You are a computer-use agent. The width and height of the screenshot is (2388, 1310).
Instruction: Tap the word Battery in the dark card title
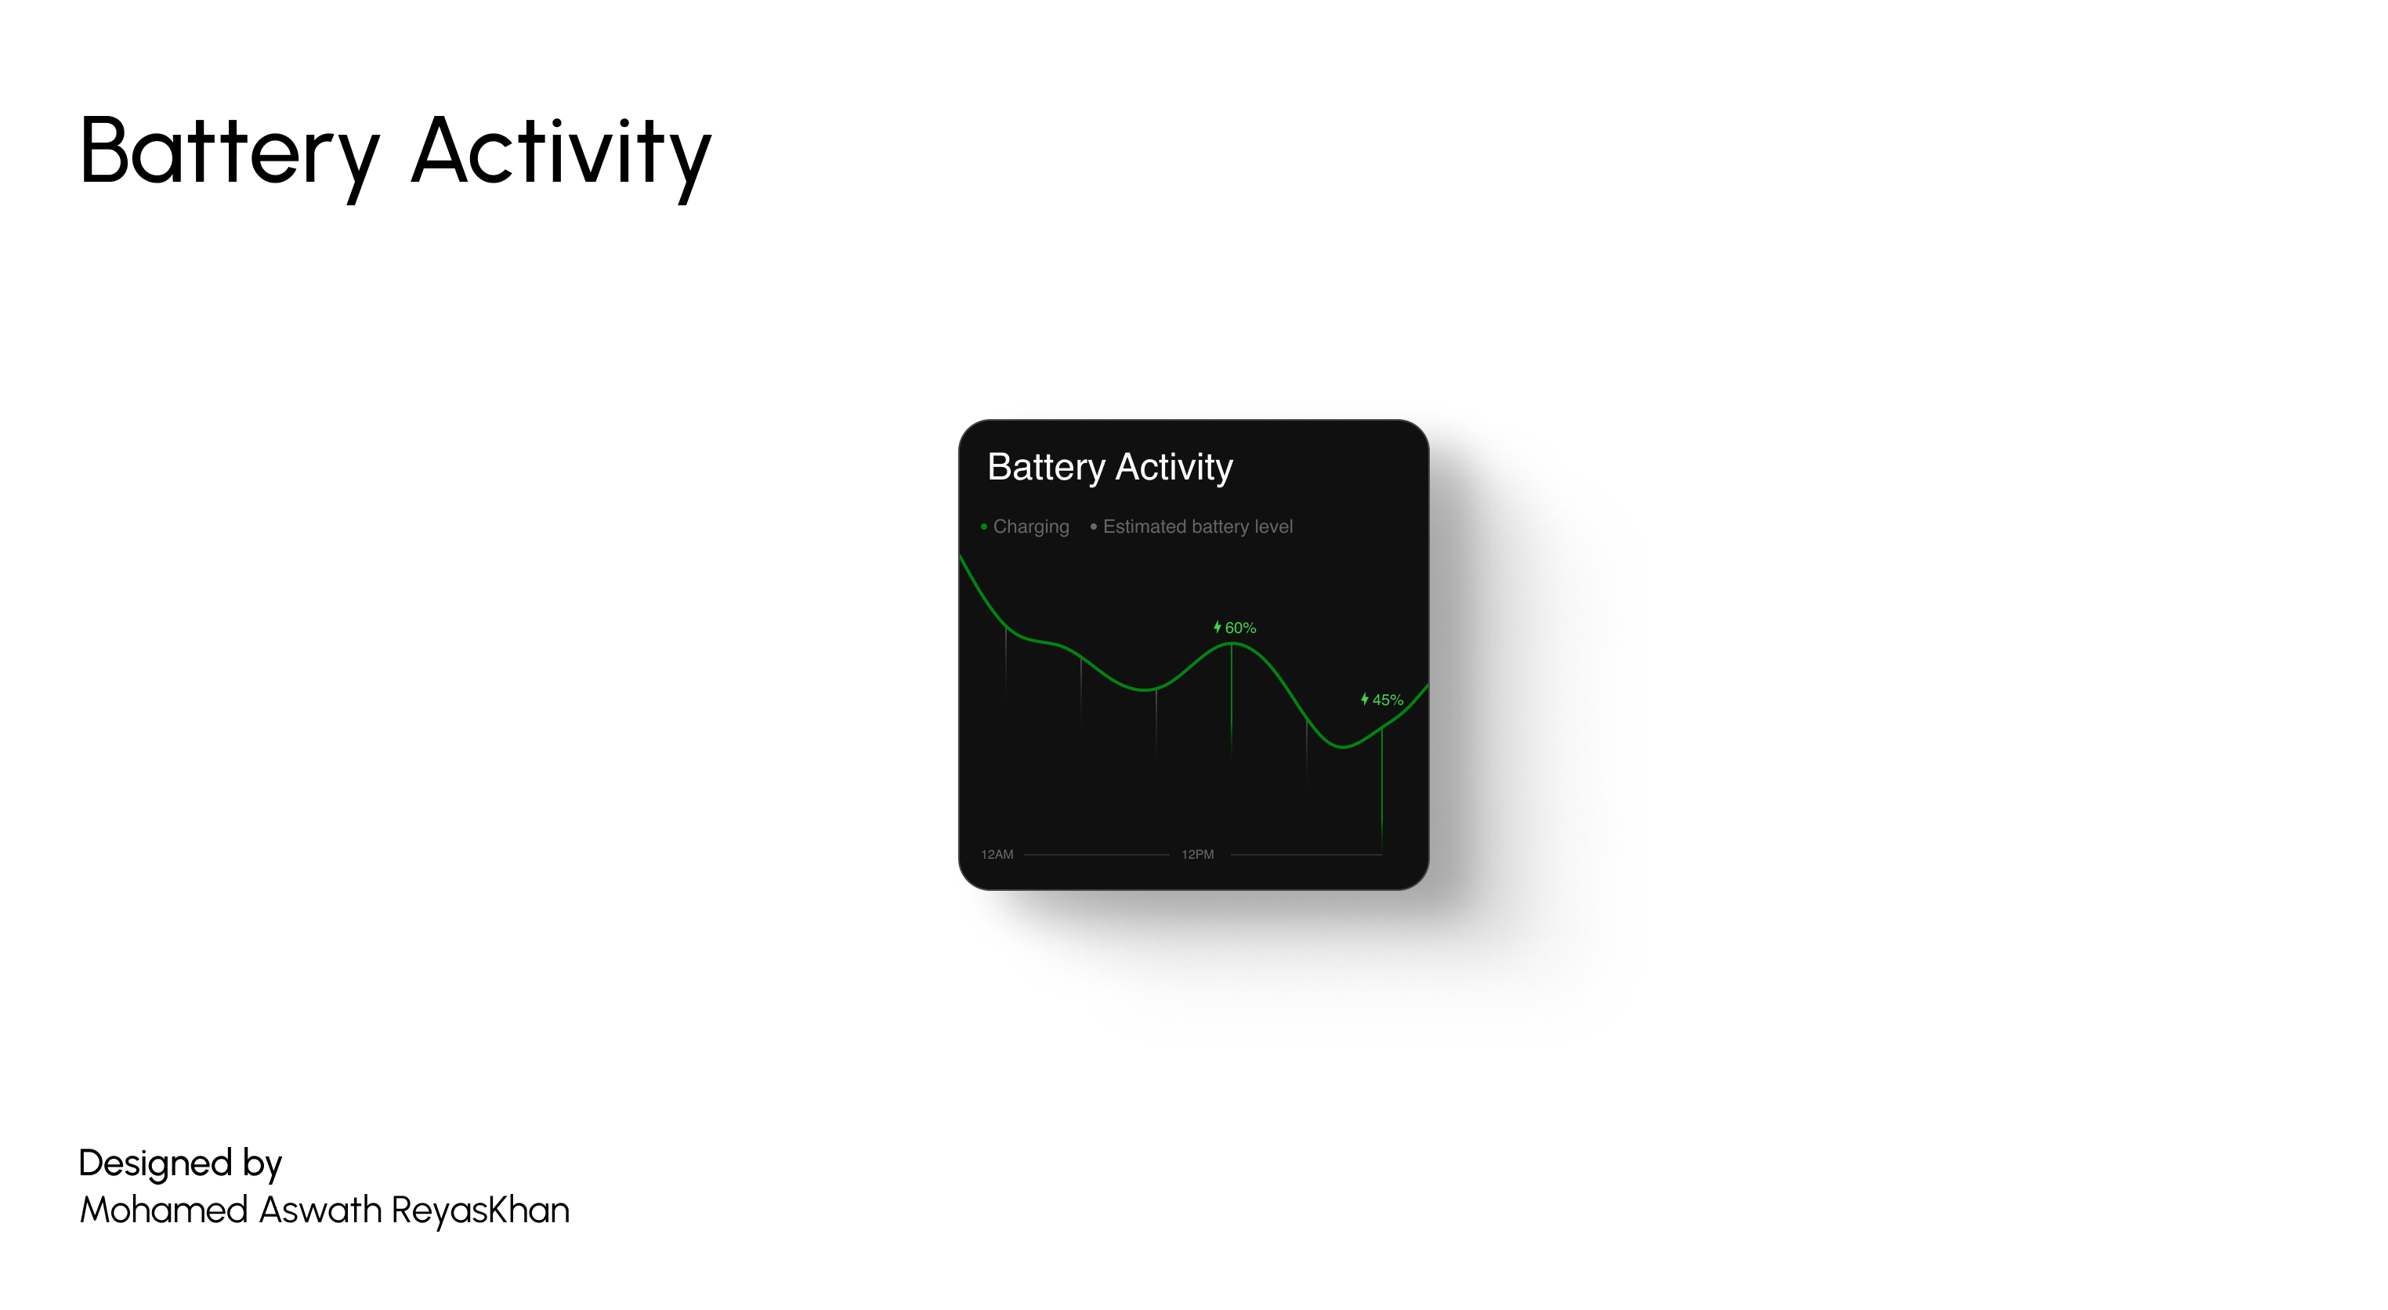[1046, 467]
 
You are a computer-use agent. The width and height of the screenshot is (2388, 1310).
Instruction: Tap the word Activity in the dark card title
[1174, 467]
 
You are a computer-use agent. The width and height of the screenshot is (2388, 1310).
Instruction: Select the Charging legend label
[1031, 527]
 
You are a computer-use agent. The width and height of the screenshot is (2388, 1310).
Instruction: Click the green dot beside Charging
[983, 527]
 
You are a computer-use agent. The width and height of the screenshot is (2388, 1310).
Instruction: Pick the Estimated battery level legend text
[1197, 527]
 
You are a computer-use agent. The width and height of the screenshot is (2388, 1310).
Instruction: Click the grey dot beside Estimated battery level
[1094, 527]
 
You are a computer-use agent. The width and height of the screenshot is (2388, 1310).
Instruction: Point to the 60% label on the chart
[1240, 628]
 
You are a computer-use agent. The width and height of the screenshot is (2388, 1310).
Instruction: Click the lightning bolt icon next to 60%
[1218, 628]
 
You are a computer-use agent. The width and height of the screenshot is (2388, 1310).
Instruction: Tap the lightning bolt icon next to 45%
[1365, 699]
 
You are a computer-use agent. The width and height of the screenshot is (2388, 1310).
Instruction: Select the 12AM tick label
[997, 855]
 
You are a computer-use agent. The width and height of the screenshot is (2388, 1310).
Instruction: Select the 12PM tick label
[1198, 855]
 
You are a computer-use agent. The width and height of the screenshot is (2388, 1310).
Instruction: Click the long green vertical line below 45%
[1382, 788]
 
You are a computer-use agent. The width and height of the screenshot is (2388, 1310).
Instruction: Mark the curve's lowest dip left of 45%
[1342, 747]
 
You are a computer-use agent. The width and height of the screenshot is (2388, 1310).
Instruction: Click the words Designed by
[180, 1164]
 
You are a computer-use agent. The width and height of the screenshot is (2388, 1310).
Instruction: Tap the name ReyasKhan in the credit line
[480, 1210]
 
